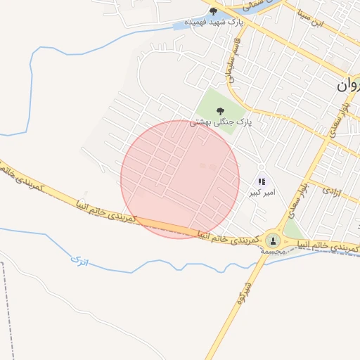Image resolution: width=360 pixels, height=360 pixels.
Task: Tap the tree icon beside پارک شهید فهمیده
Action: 214,11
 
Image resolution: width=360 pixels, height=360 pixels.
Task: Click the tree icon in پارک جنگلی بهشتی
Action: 221,110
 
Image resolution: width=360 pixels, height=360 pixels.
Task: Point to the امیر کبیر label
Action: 264,191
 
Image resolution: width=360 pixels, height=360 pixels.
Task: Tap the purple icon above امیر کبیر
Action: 262,181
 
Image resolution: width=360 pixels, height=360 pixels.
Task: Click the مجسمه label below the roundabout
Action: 271,251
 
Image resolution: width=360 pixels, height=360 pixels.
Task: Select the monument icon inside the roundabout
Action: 272,241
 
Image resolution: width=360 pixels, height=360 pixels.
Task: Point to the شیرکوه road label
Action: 243,292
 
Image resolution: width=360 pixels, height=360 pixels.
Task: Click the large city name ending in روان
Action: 348,86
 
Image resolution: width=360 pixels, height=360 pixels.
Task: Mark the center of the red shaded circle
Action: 180,179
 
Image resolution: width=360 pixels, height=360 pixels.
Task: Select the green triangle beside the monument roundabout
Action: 293,231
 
